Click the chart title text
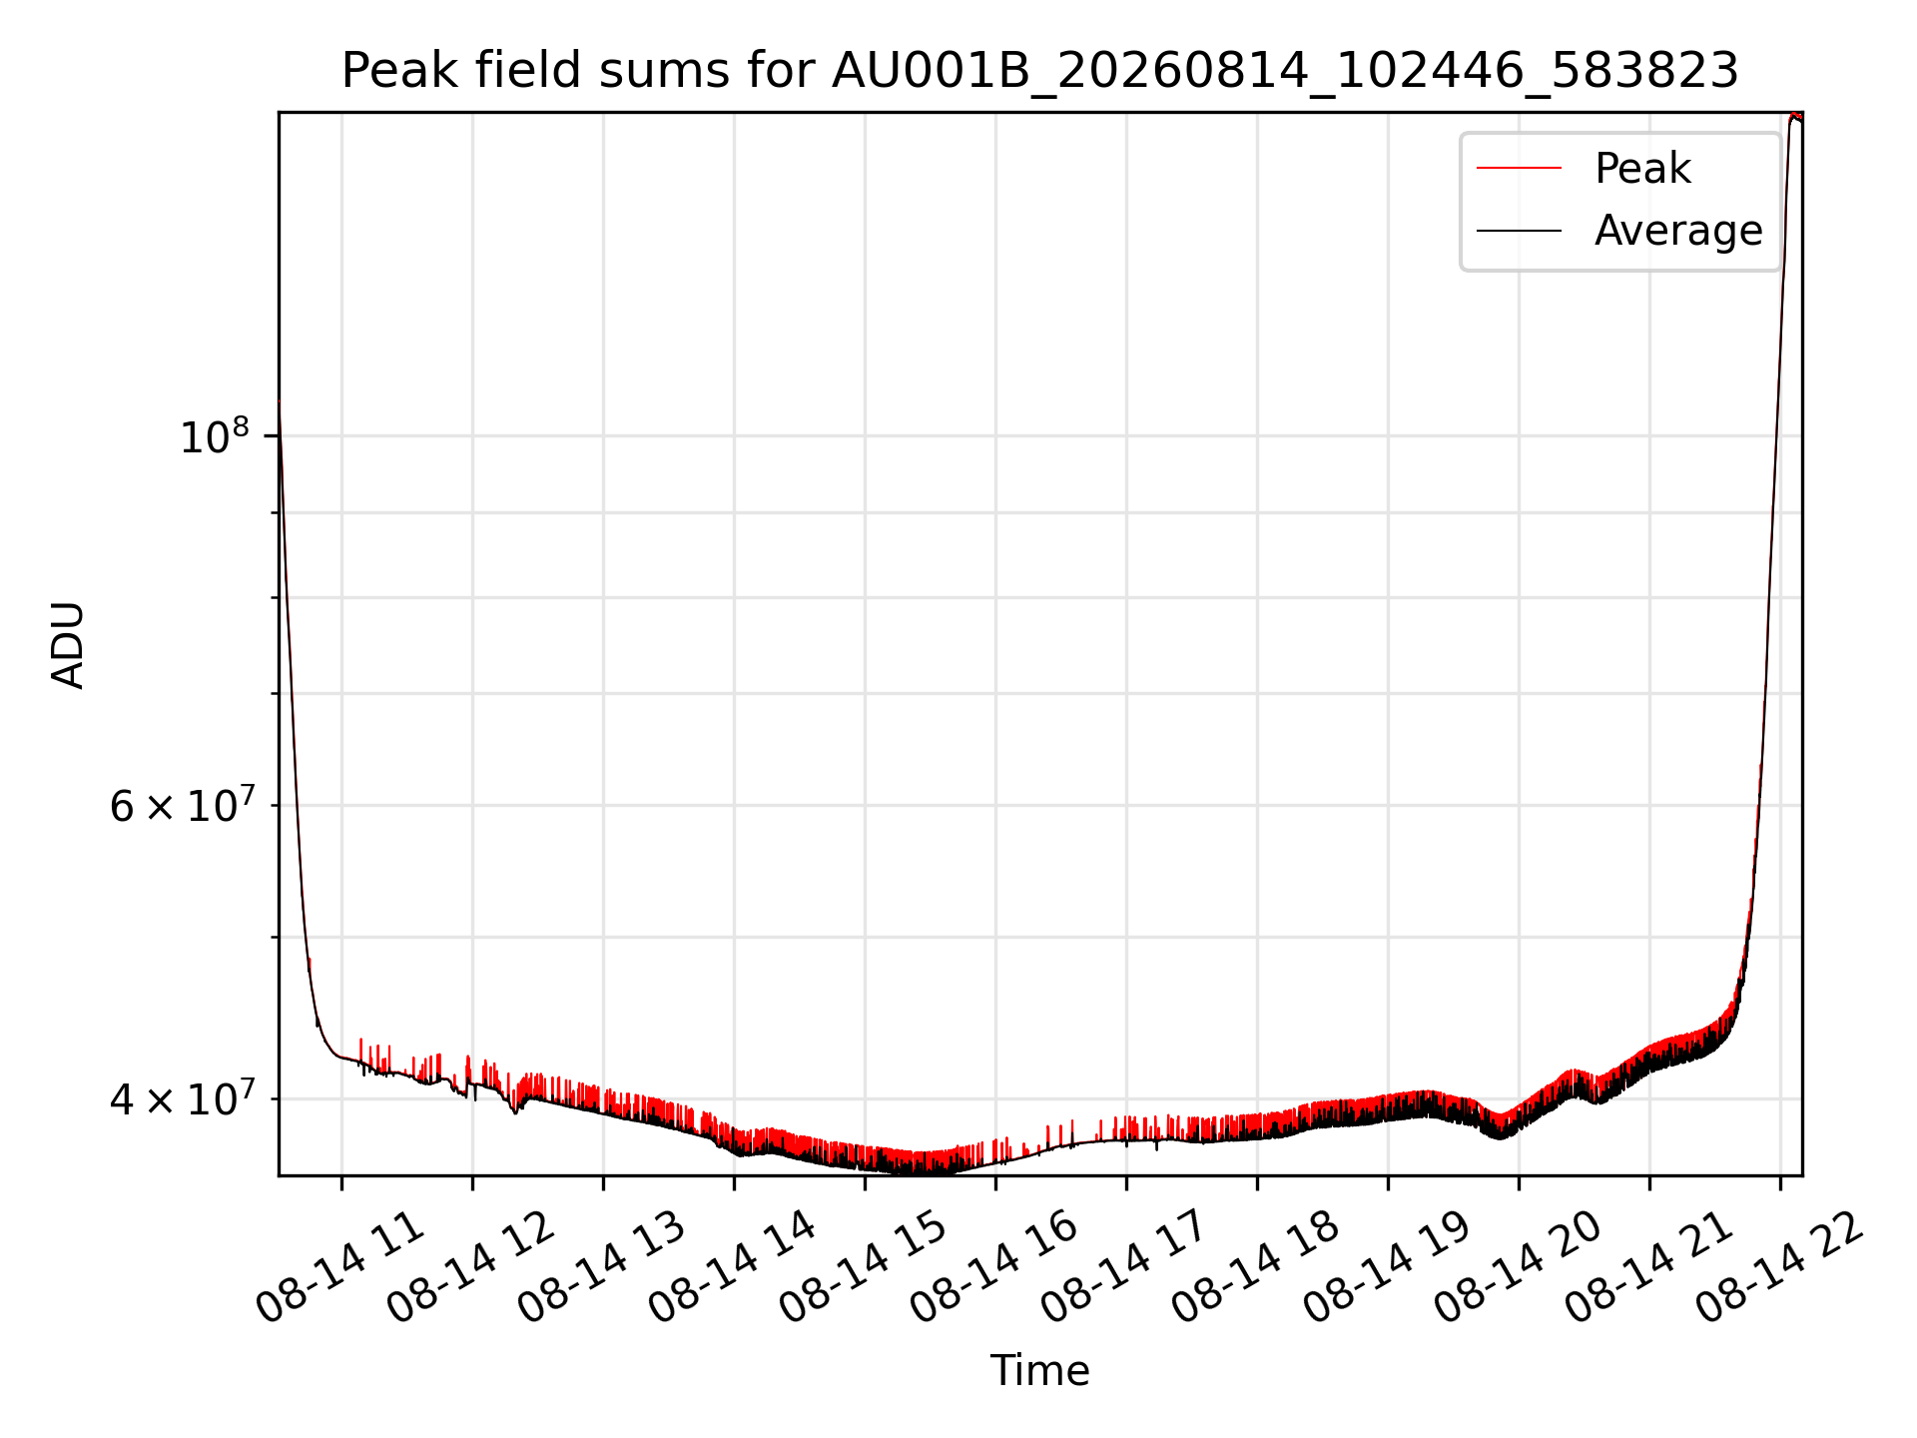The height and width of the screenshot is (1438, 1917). (1040, 71)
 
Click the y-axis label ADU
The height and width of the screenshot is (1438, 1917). (68, 644)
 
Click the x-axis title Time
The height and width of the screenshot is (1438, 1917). (1039, 1370)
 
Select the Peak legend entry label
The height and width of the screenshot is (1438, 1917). (1642, 168)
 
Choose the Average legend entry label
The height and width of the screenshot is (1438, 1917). (1678, 231)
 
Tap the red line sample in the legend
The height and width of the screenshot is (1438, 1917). (1519, 169)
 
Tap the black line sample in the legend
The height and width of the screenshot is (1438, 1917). (1519, 232)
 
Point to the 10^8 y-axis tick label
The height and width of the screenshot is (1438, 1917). (215, 435)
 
